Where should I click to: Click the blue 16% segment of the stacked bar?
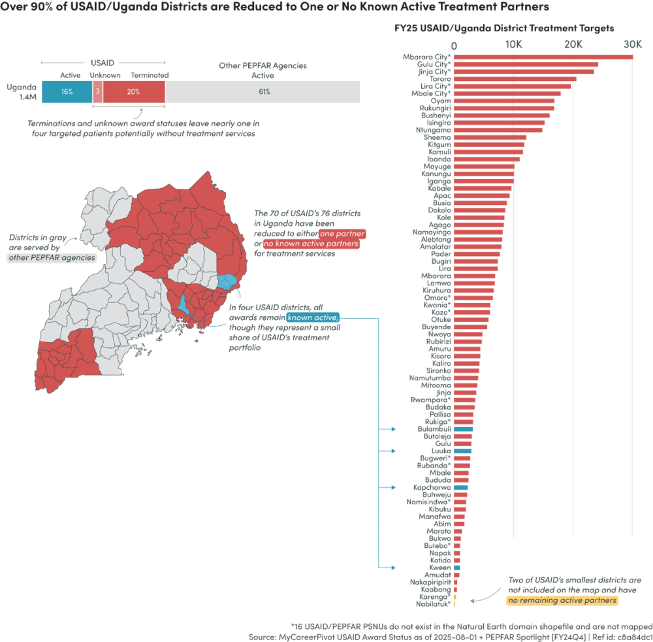(66, 92)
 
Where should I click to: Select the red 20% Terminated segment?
(133, 92)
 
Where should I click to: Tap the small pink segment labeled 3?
(97, 92)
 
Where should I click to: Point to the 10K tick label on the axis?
(513, 44)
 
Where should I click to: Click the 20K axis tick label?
(573, 44)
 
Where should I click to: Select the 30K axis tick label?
(631, 44)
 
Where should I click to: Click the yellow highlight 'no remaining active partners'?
(562, 600)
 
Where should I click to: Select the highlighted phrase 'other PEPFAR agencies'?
(52, 257)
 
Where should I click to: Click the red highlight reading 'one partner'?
(342, 234)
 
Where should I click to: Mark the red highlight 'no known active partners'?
(311, 244)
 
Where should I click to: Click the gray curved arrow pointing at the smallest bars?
(480, 597)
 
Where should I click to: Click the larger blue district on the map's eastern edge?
(227, 282)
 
